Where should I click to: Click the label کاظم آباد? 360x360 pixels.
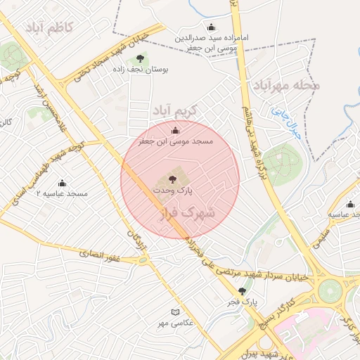click(53, 27)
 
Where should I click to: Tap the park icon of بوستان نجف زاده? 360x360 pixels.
click(140, 58)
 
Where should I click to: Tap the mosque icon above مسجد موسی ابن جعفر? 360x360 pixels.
click(175, 130)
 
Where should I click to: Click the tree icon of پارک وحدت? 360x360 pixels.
click(173, 179)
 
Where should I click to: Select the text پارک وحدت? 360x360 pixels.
click(173, 190)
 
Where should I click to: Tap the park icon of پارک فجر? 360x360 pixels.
click(243, 290)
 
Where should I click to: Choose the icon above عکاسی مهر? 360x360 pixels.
click(175, 311)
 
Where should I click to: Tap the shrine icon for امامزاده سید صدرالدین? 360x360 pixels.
click(211, 27)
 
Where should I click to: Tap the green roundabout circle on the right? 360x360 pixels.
click(329, 290)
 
